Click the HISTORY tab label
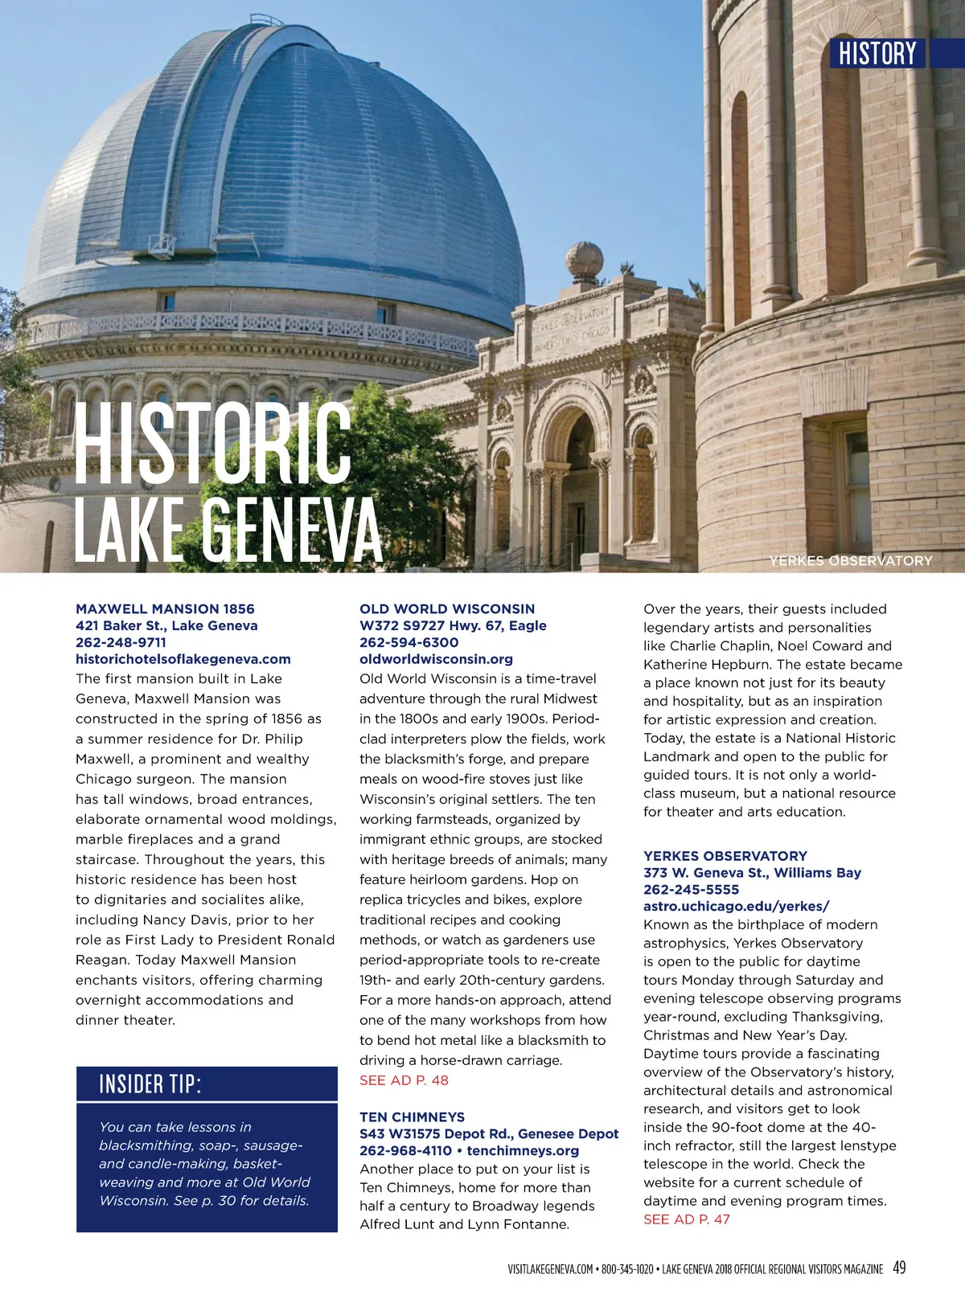tap(877, 53)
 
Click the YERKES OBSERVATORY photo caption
tap(851, 560)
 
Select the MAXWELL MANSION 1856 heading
tap(165, 608)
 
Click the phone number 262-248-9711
tap(121, 642)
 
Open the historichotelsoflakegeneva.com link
tap(183, 659)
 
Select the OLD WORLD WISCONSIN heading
tap(447, 608)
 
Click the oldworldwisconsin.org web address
tap(436, 659)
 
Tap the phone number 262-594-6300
tap(409, 642)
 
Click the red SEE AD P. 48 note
tap(404, 1080)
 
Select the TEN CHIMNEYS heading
tap(412, 1116)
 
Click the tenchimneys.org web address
tap(523, 1150)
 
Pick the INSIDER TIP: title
tap(150, 1084)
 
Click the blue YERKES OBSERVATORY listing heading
tap(725, 855)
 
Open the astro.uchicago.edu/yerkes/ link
tap(736, 906)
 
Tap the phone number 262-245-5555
tap(691, 889)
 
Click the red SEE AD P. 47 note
tap(687, 1219)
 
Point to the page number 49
tap(899, 1268)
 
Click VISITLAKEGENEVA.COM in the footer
tap(550, 1269)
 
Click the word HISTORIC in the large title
tap(213, 445)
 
